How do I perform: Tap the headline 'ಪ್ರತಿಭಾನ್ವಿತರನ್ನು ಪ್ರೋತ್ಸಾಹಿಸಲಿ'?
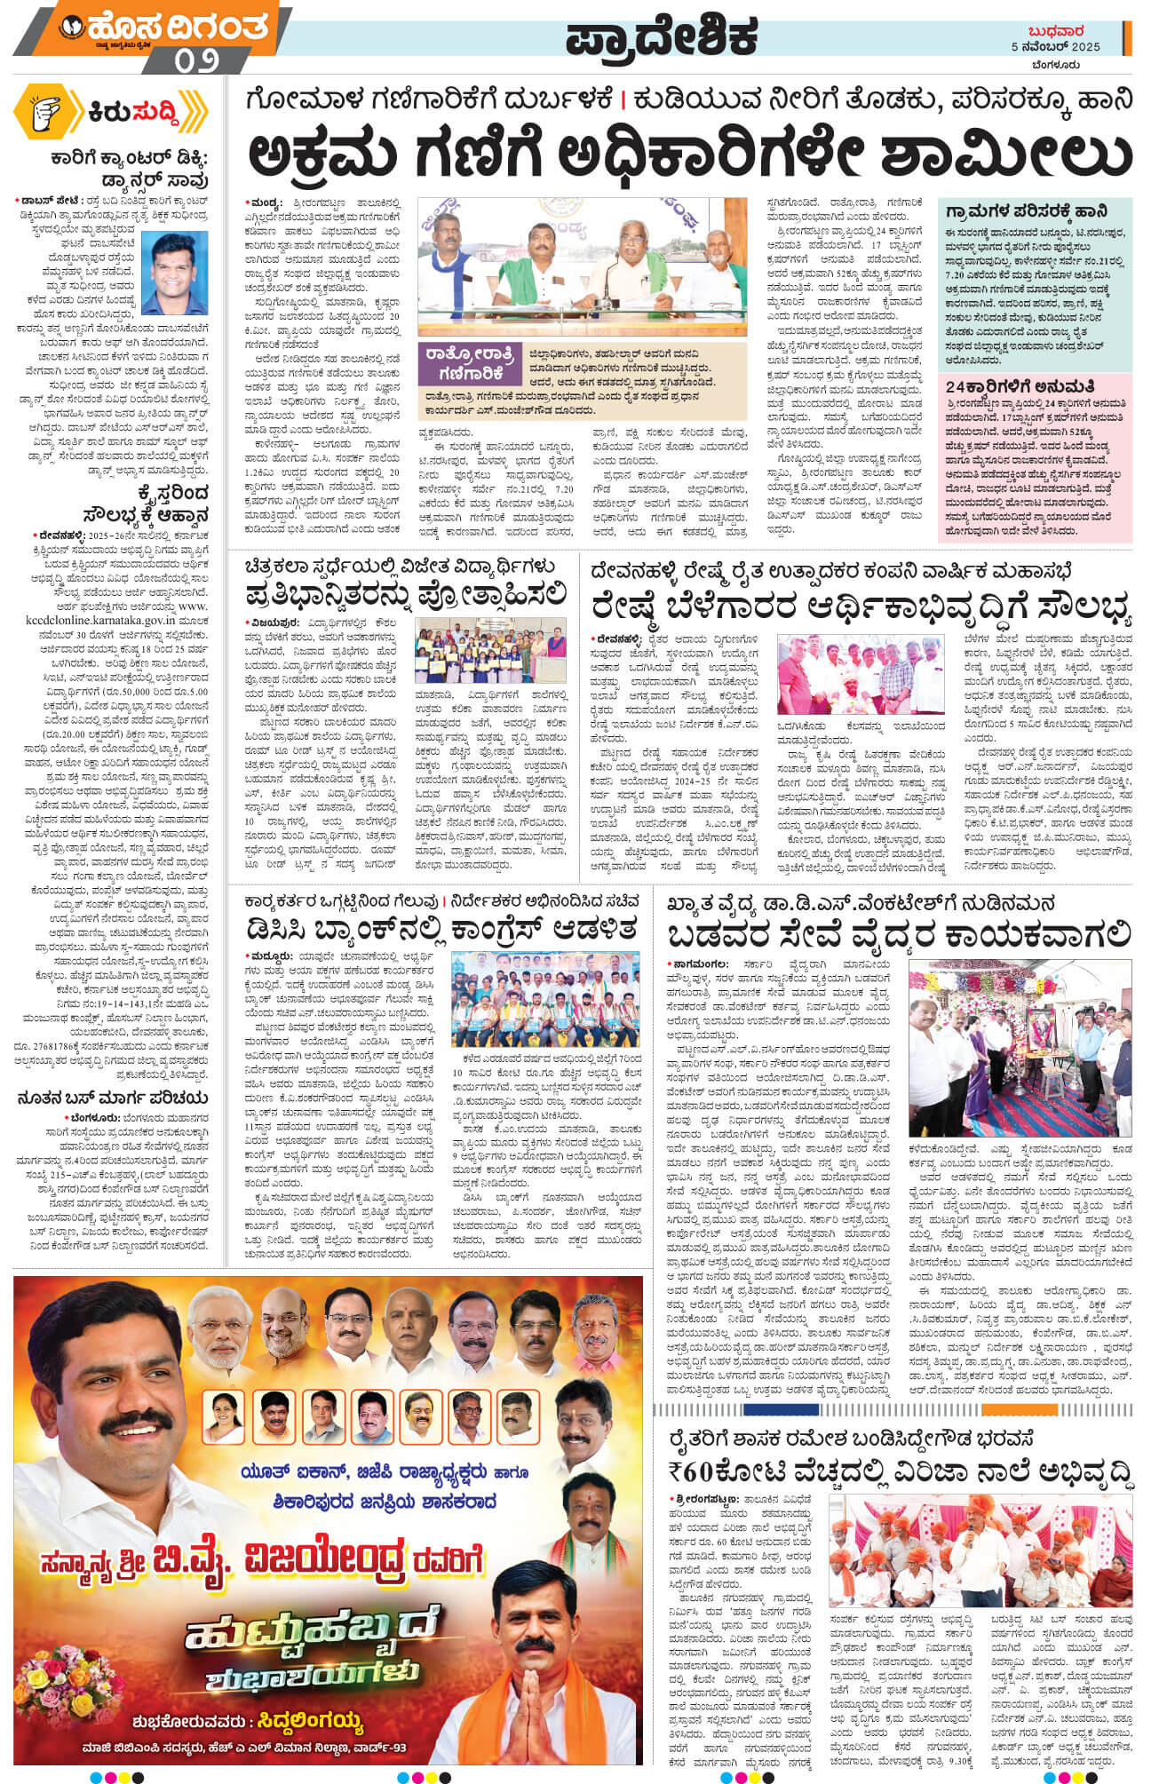pyautogui.click(x=406, y=591)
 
